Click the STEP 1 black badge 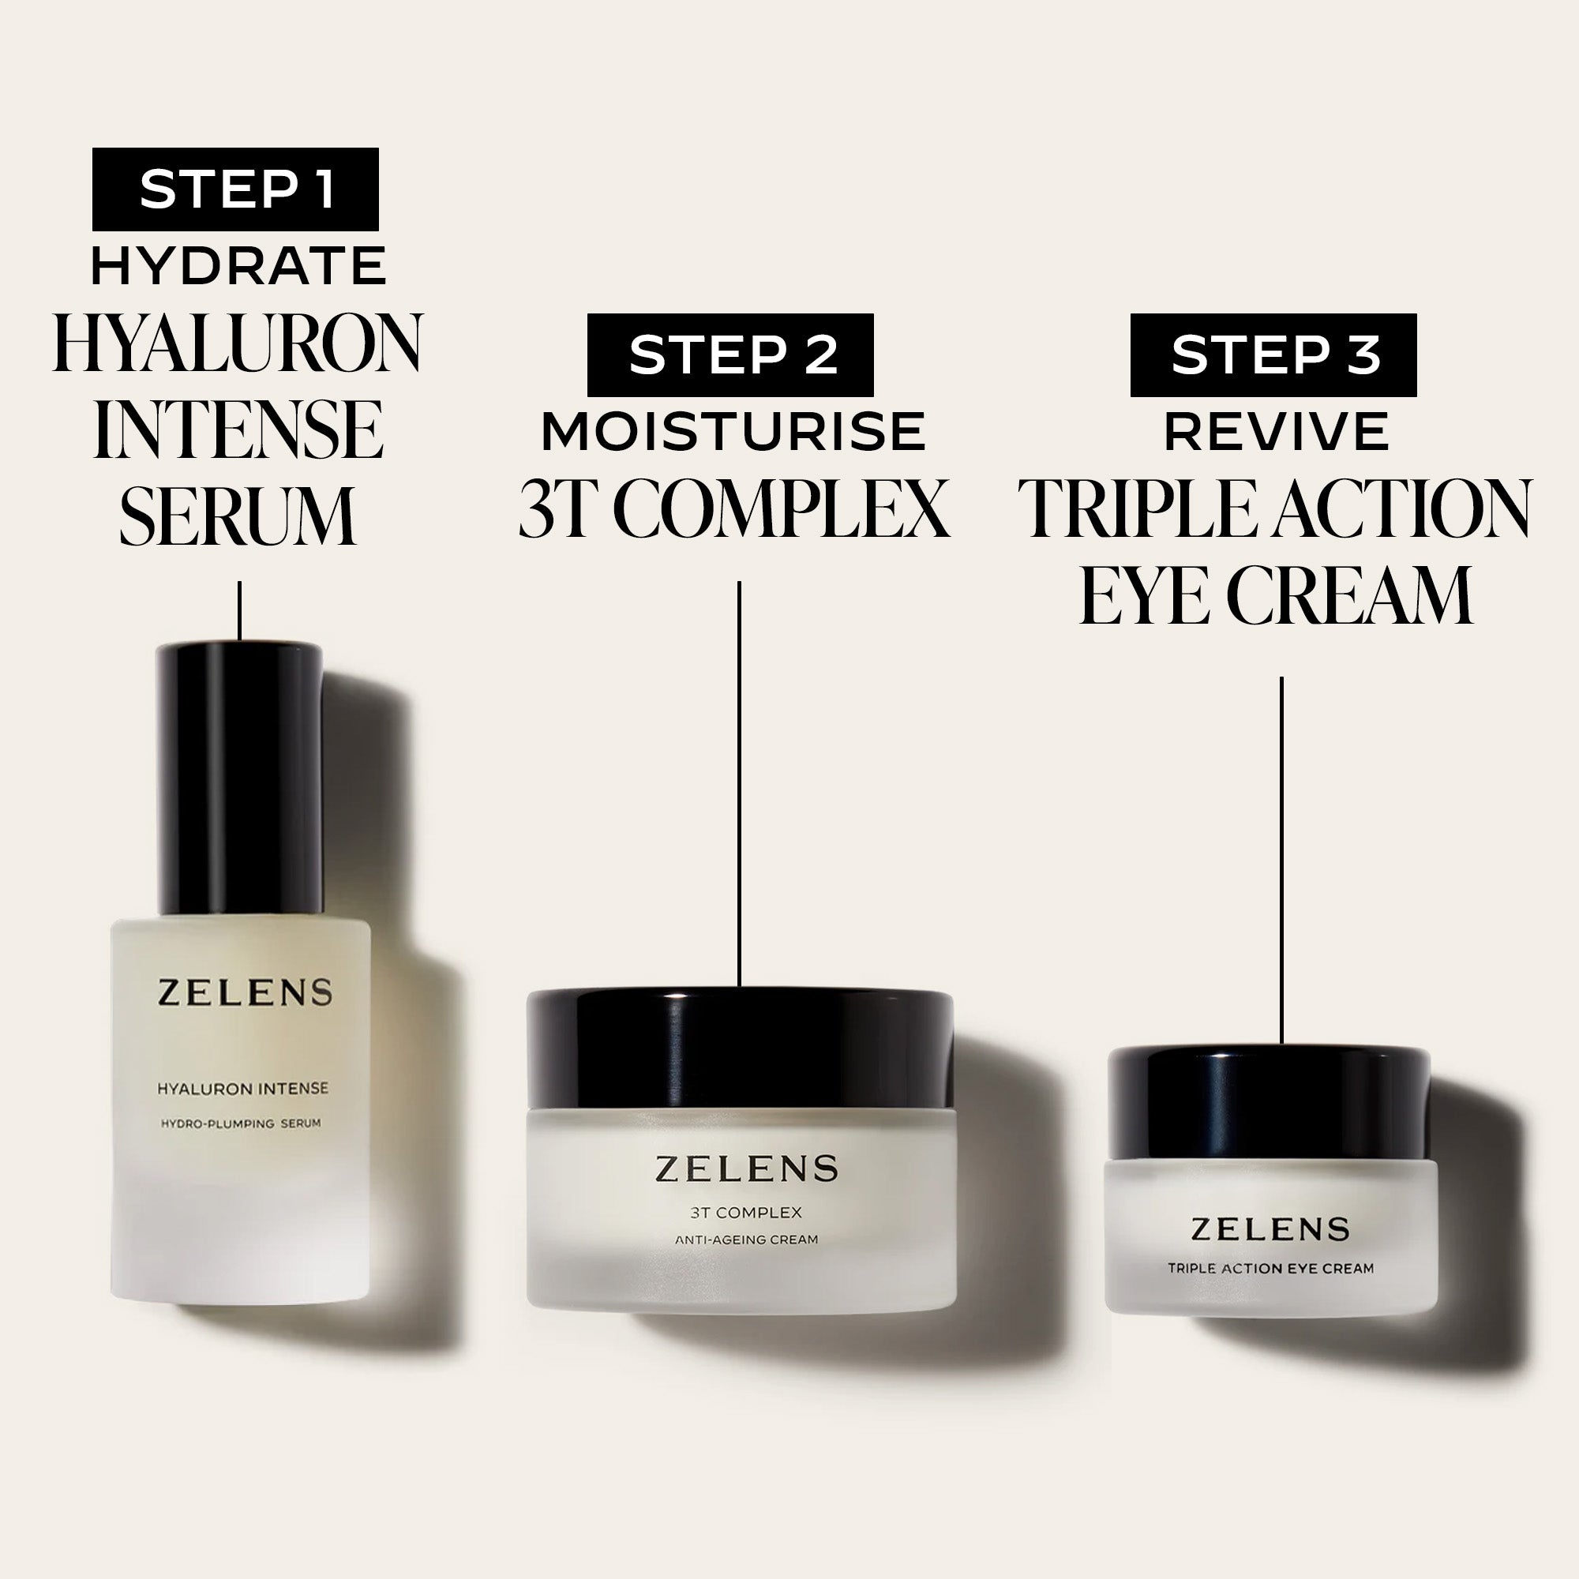click(235, 189)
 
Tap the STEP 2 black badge click(729, 354)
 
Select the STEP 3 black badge click(1273, 354)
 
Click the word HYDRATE click(238, 265)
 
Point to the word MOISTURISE click(733, 432)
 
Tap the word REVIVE click(1276, 432)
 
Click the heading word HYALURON click(238, 343)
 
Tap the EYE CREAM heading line click(1276, 595)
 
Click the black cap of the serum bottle click(239, 776)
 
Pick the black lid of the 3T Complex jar click(740, 1048)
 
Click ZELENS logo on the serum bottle click(245, 992)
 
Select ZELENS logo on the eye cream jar click(1270, 1228)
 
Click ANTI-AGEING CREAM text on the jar click(745, 1240)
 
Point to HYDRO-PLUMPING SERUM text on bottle click(240, 1123)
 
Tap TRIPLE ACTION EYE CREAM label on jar click(1270, 1269)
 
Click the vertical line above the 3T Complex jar click(739, 785)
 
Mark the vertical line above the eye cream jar click(1281, 858)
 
